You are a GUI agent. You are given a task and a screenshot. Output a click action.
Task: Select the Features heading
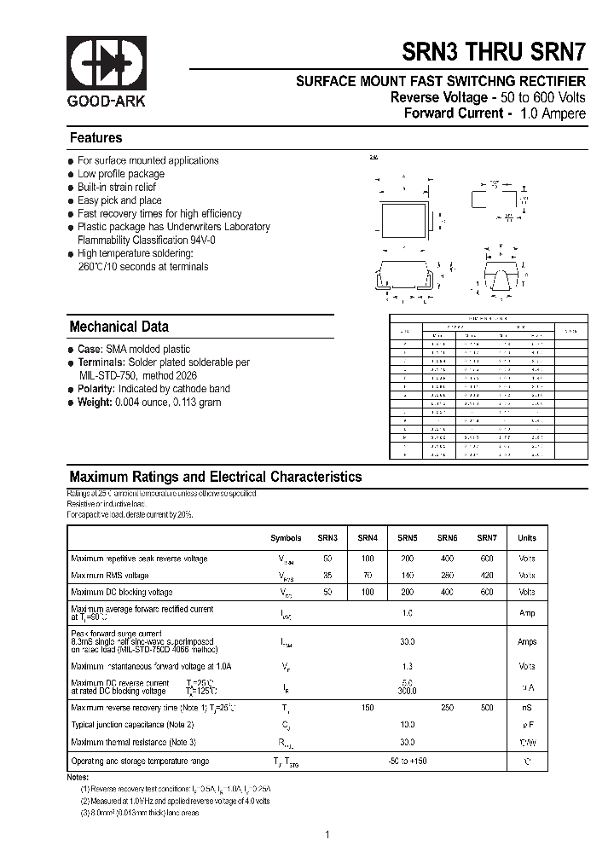(96, 138)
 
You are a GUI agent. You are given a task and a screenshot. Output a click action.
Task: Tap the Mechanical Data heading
(119, 327)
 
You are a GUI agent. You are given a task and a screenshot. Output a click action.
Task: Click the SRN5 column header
(407, 538)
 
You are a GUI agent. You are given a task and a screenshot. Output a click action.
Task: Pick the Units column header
(527, 538)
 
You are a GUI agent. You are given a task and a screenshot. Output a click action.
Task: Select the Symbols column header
(286, 538)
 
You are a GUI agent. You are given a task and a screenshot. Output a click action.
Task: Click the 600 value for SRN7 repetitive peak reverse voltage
(486, 559)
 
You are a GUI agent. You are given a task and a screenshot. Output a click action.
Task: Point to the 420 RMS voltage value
(486, 576)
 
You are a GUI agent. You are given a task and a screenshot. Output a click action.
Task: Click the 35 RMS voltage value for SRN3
(327, 576)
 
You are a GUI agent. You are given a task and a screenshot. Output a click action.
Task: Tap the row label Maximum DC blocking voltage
(121, 592)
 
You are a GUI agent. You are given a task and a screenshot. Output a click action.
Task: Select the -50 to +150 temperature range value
(407, 761)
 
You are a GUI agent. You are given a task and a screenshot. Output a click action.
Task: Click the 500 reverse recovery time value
(486, 709)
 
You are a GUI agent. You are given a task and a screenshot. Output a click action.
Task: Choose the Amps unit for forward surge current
(527, 641)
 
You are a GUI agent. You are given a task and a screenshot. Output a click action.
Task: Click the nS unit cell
(527, 709)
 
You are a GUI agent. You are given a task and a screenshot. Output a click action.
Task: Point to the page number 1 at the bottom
(327, 835)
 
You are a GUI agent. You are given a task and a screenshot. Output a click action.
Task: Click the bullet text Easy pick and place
(119, 200)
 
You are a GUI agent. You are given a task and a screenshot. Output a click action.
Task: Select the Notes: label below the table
(78, 777)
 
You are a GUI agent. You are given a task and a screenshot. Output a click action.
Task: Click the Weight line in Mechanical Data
(149, 402)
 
